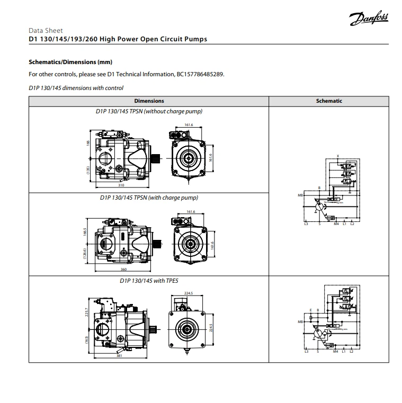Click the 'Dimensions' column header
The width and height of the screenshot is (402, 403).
click(x=149, y=101)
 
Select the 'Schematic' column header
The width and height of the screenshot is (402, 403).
click(x=329, y=101)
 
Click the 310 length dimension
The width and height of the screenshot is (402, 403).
click(x=122, y=186)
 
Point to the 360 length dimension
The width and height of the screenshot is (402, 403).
click(x=124, y=270)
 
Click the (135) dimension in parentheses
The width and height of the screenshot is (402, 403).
click(x=88, y=169)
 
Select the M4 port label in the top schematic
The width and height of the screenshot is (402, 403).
click(x=336, y=224)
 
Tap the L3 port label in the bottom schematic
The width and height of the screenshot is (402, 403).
click(x=306, y=351)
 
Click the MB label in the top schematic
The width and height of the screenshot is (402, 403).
click(x=300, y=196)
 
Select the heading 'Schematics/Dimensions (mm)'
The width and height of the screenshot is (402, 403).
click(x=70, y=62)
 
